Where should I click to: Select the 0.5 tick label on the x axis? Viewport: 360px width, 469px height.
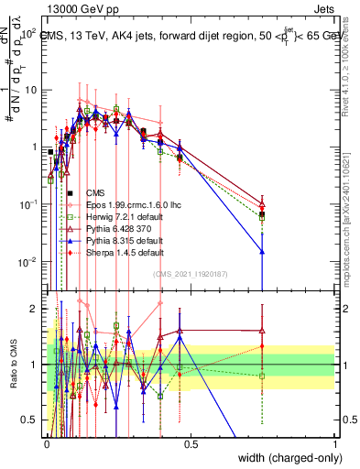191,443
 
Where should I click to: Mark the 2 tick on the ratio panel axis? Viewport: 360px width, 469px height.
37,309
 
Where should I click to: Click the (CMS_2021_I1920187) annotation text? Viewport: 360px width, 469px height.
191,274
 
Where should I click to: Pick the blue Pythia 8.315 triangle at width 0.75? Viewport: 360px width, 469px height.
262,251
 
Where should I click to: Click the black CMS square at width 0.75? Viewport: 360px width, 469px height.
262,214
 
